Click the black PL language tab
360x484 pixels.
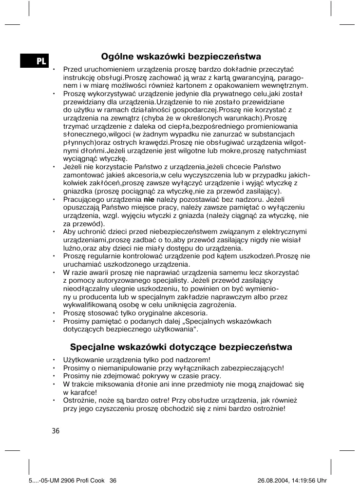click(35, 61)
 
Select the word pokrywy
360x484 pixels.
click(148, 376)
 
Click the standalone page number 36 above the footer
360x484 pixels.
click(56, 431)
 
